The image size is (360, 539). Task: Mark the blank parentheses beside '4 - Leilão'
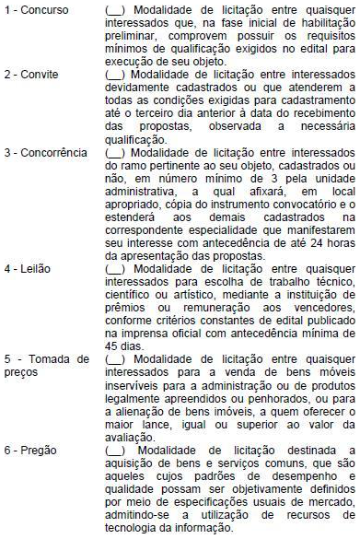tap(116, 268)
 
